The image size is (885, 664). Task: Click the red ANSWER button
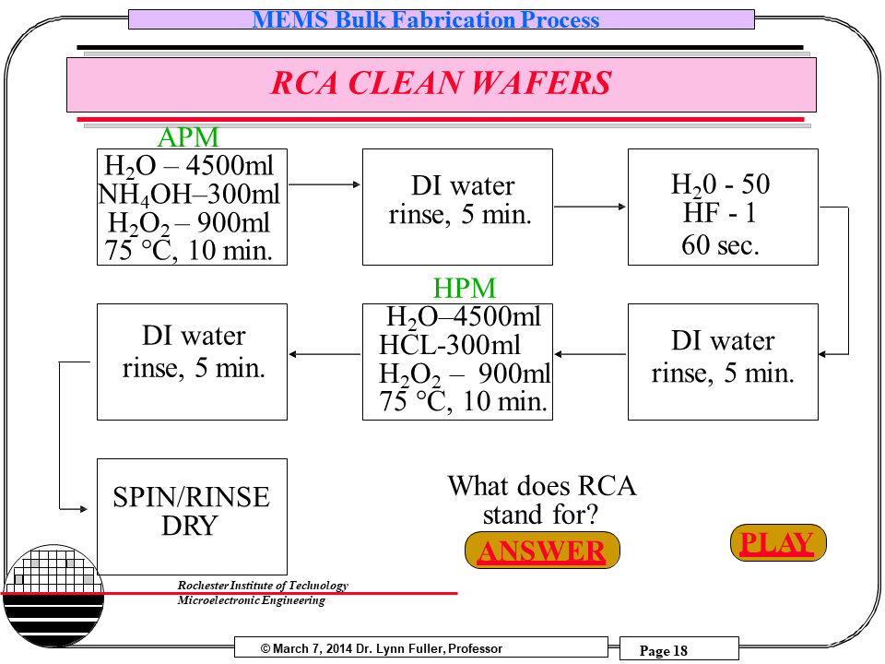tap(542, 551)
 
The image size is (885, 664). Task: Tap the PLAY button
tap(777, 542)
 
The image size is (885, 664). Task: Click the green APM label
tap(188, 137)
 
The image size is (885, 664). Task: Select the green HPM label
tap(464, 289)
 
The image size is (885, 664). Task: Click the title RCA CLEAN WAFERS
tap(441, 84)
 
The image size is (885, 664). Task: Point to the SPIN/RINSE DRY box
tap(192, 512)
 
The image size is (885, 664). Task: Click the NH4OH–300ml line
tap(189, 195)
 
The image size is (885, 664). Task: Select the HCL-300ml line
tap(450, 345)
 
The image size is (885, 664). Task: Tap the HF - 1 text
tap(720, 214)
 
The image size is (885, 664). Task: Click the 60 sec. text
tap(720, 245)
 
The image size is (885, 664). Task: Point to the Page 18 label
tap(664, 651)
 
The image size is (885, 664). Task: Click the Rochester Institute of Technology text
tap(263, 586)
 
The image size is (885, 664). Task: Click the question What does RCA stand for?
tap(542, 499)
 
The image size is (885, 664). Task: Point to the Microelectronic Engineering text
tap(251, 601)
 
